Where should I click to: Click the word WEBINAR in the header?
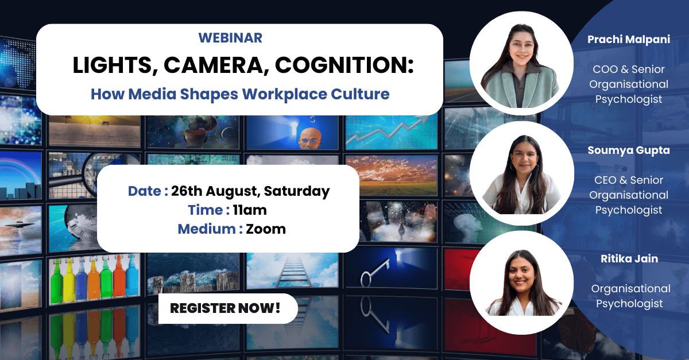(230, 38)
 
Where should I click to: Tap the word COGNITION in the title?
(344, 65)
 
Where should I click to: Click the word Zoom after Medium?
(266, 229)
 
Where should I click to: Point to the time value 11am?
(250, 210)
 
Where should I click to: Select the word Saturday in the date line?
(296, 191)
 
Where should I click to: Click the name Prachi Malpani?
(629, 40)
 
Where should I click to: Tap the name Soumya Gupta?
(629, 150)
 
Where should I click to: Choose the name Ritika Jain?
(629, 259)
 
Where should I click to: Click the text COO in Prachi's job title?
(605, 69)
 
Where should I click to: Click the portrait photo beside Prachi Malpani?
(521, 64)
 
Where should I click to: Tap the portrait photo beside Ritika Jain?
(522, 282)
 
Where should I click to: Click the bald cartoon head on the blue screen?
(310, 139)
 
